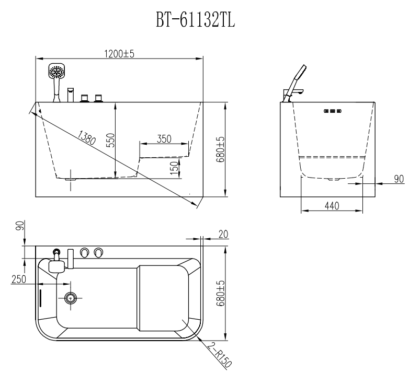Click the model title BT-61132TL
[196, 20]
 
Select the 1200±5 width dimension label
[119, 54]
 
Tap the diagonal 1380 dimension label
[87, 137]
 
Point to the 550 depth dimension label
[111, 140]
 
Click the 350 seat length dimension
[164, 139]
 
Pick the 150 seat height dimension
[175, 168]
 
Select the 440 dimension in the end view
[332, 206]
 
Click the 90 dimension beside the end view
[399, 179]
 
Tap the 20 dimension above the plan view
[223, 234]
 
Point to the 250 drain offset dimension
[19, 279]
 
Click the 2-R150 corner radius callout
[219, 355]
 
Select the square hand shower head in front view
[56, 71]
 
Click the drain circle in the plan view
[71, 298]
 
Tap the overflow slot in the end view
[333, 111]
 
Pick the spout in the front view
[71, 95]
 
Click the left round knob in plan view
[85, 252]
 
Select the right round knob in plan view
[98, 252]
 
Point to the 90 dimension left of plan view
[20, 225]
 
